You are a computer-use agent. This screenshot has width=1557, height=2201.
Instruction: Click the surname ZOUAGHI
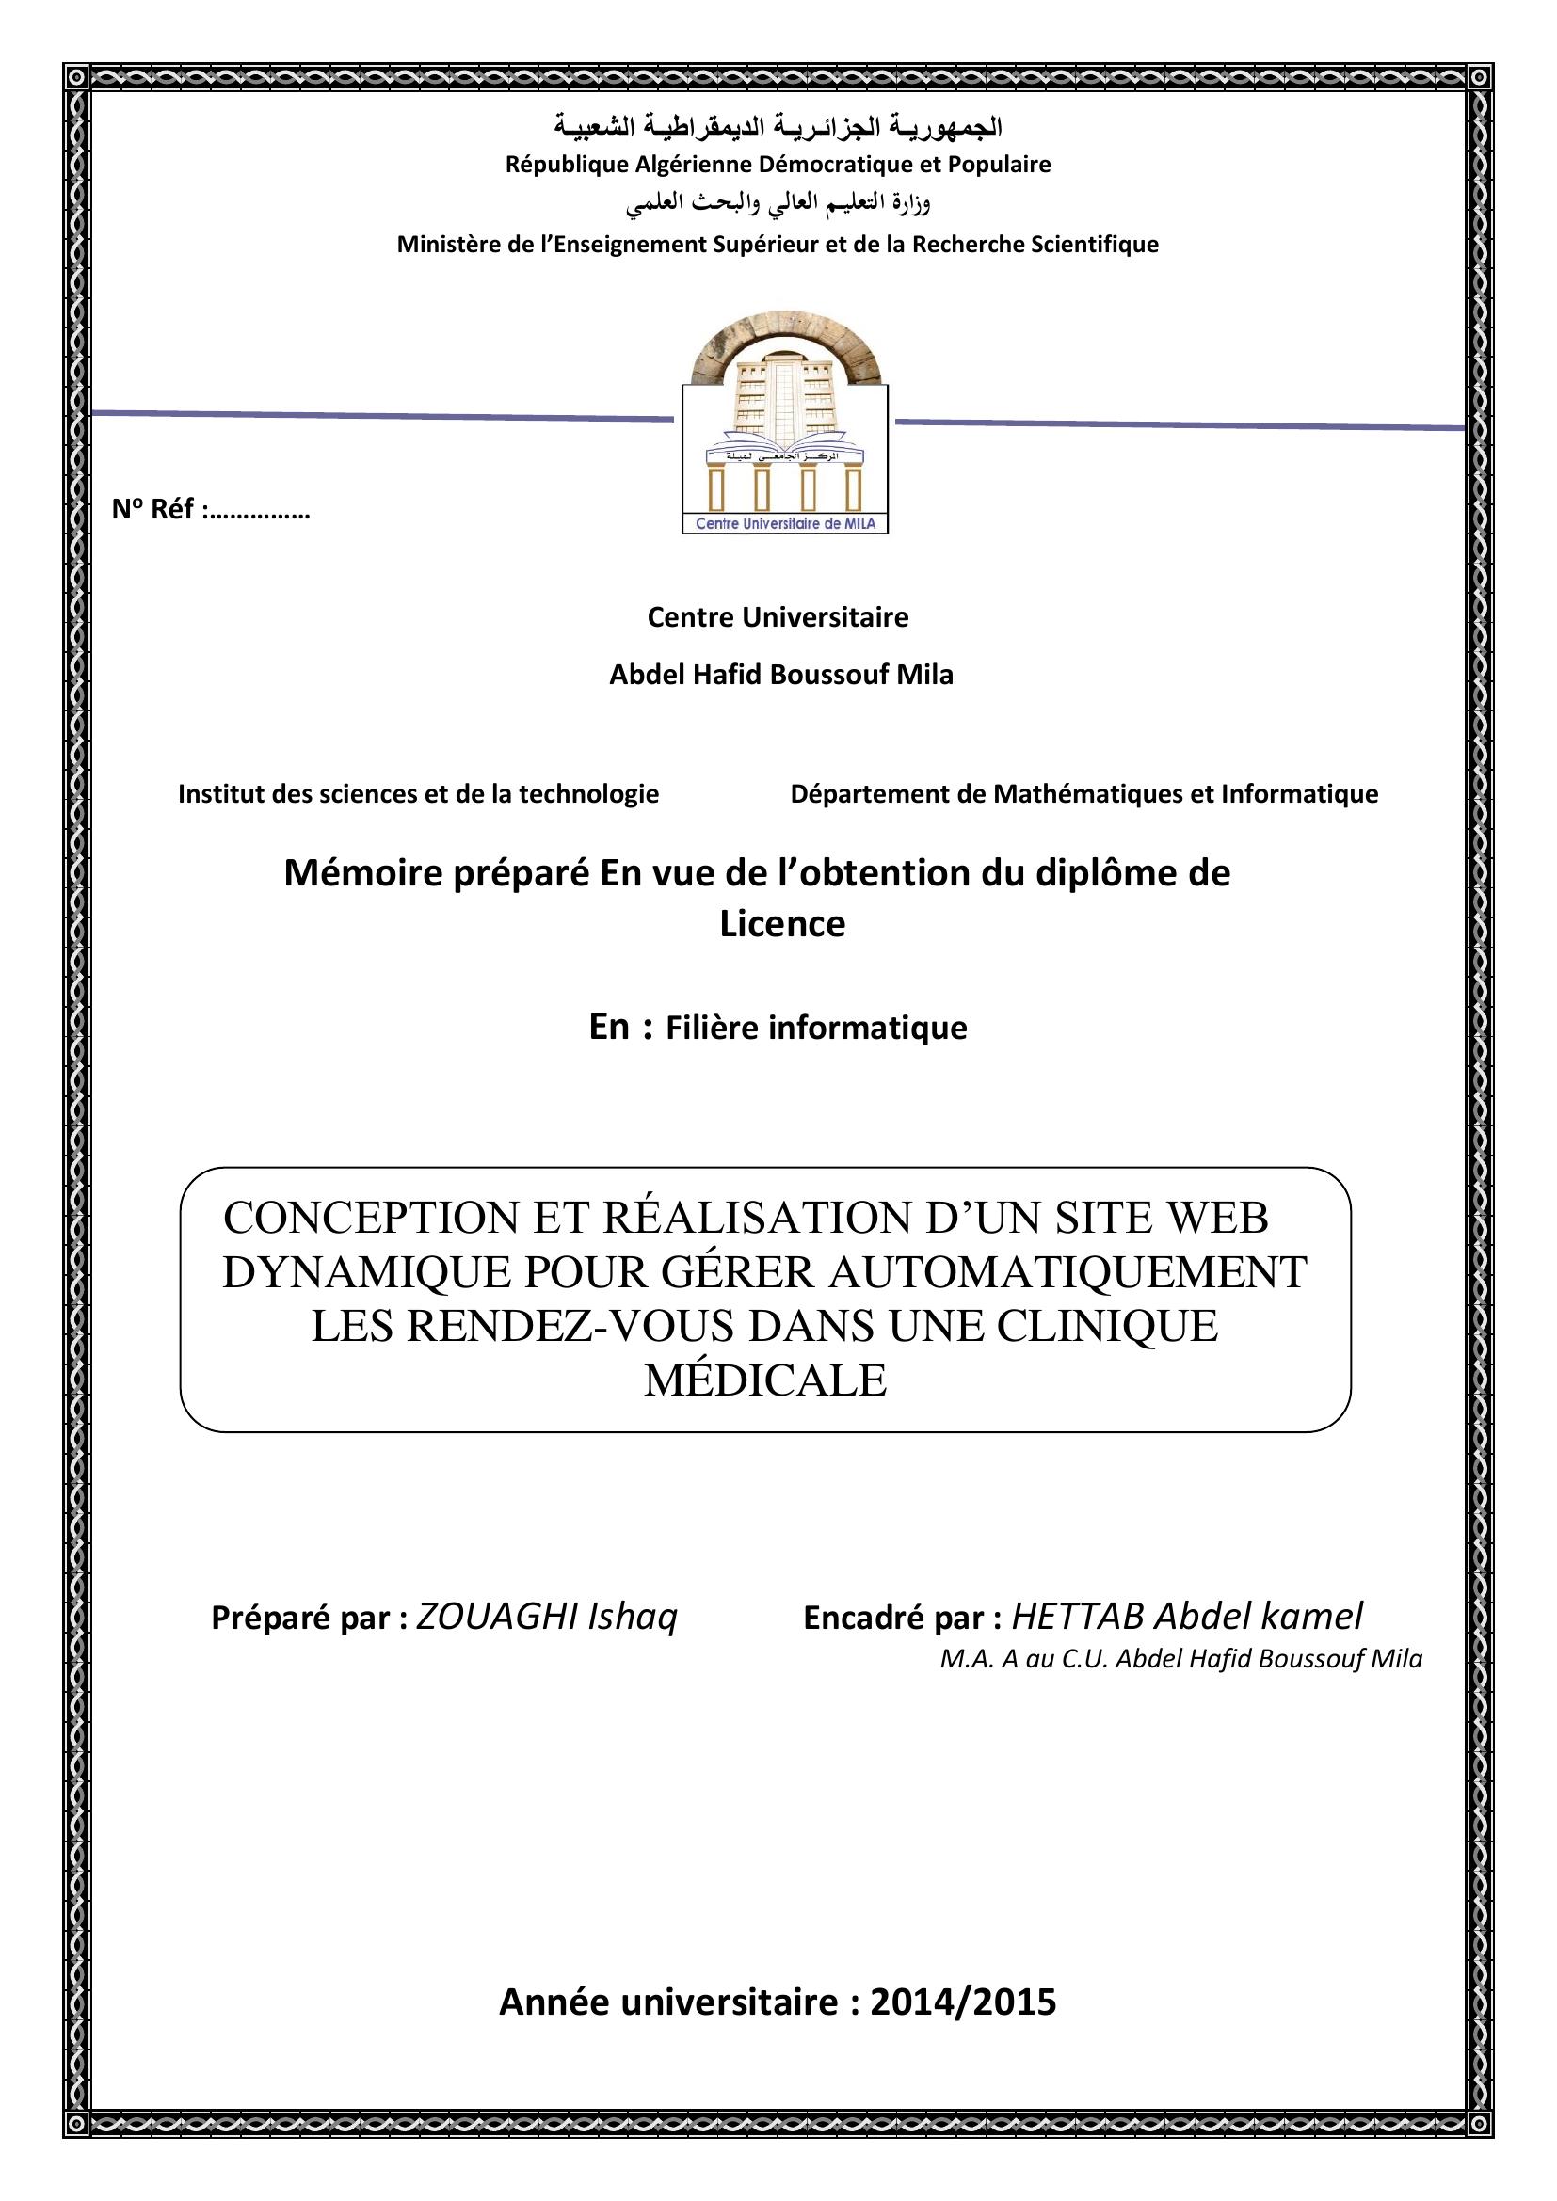[497, 1617]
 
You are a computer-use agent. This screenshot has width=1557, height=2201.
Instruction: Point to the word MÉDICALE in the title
[765, 1380]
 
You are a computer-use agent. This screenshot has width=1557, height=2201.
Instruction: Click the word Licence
[782, 924]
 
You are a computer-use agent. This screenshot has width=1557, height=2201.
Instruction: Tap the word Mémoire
[362, 873]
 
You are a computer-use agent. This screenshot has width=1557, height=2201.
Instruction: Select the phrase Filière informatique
[816, 1028]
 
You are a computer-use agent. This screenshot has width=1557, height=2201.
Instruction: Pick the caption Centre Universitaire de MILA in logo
[784, 524]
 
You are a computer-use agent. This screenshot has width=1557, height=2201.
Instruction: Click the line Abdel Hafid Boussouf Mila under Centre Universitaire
[781, 675]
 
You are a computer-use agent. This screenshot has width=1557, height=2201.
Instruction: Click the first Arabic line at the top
[778, 126]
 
